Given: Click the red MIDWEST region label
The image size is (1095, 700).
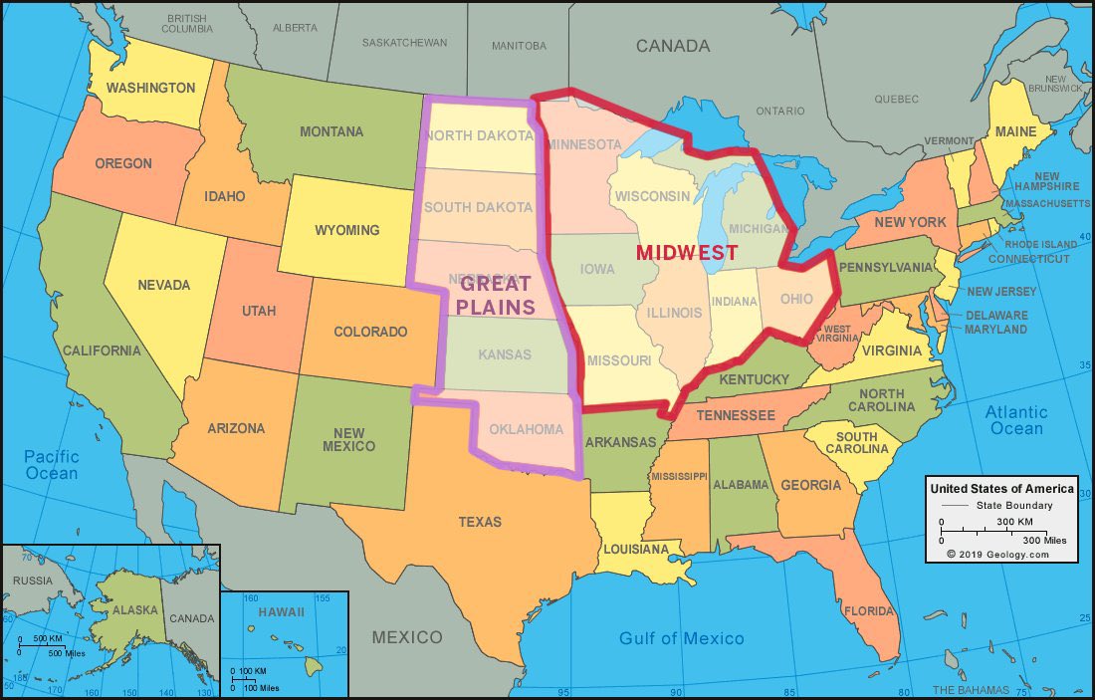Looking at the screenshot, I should [687, 253].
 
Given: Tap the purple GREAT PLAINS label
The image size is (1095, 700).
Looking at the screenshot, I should [497, 295].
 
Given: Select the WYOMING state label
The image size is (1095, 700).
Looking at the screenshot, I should [346, 230].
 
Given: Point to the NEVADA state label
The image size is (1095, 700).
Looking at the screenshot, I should [163, 285].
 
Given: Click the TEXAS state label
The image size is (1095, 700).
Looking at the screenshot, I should [480, 522].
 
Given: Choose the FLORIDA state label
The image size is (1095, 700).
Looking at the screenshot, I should [868, 610].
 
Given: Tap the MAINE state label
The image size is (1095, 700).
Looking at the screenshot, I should [1016, 131].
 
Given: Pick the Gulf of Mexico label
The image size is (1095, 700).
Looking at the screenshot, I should [681, 638].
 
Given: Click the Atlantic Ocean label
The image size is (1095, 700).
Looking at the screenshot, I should [1016, 420].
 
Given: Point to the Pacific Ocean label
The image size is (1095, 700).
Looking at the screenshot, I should [51, 465].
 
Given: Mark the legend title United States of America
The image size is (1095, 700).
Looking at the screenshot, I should [1001, 489].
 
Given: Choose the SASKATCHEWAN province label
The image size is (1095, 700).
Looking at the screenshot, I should [404, 44].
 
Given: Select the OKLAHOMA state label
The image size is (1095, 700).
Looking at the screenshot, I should [527, 430].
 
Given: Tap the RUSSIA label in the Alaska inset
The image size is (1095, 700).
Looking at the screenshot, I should [33, 581].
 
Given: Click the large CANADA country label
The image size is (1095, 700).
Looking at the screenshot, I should [673, 46].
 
